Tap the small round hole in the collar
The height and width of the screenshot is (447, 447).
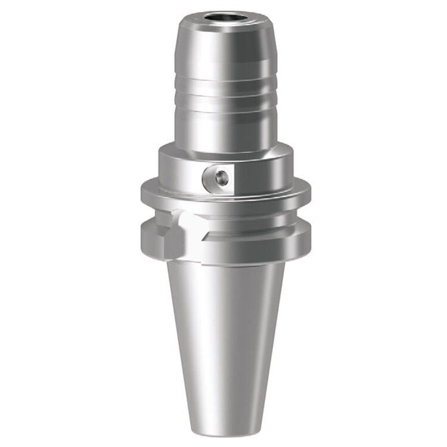tap(222, 176)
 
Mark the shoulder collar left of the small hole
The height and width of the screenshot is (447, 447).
tap(179, 170)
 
